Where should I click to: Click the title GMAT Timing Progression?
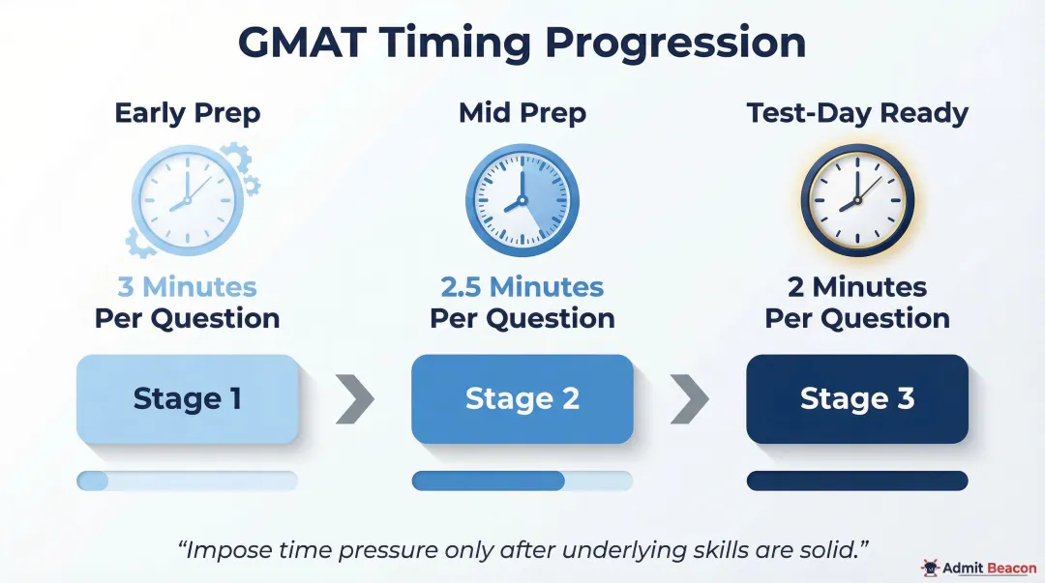522,44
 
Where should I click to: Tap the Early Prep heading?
187,113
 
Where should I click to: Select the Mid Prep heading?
522,113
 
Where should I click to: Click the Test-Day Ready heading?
857,113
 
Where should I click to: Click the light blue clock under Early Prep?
184,200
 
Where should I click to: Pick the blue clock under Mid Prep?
522,200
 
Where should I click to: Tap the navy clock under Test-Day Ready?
857,200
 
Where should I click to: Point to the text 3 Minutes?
187,287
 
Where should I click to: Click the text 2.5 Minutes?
522,287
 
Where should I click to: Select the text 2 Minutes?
857,287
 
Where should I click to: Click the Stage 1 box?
187,399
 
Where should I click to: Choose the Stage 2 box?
522,399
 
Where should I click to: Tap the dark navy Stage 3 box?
857,399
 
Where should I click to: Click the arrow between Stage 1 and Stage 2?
355,399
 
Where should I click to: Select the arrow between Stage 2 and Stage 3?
689,399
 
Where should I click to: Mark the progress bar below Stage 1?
187,481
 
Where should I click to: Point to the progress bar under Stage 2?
522,481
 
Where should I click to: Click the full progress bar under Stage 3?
857,481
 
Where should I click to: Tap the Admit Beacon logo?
978,568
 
